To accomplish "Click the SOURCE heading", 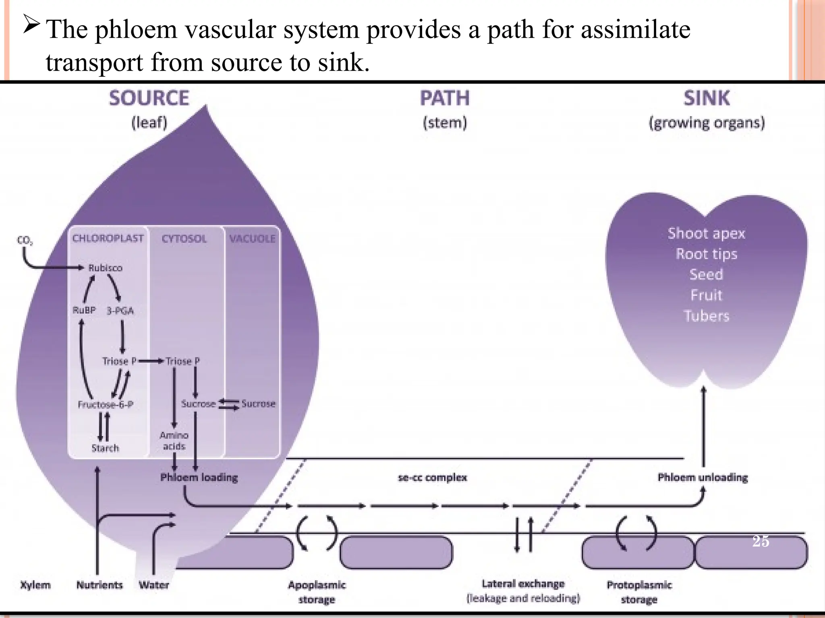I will pos(149,98).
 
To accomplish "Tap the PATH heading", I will pos(445,98).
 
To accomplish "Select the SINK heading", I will pos(707,98).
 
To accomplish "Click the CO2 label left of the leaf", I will pos(25,241).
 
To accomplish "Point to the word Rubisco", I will pos(105,268).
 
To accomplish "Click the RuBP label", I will pos(84,310).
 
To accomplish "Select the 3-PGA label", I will pos(120,311).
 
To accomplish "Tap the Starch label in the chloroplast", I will pos(105,448).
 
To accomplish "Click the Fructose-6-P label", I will pos(106,404).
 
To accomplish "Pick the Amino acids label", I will pos(174,441).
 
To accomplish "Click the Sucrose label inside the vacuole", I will pos(258,404).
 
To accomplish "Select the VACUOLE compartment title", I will pos(252,239).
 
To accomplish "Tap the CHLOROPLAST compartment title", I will pos(108,238).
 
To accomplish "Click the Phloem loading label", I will pos(199,478).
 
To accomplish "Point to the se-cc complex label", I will pos(432,478).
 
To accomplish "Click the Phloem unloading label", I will pos(703,478).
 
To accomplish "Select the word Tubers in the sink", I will pos(707,316).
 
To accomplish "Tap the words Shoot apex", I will pos(707,233).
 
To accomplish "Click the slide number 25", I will pos(761,541).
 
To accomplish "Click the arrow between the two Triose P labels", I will pos(151,361).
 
